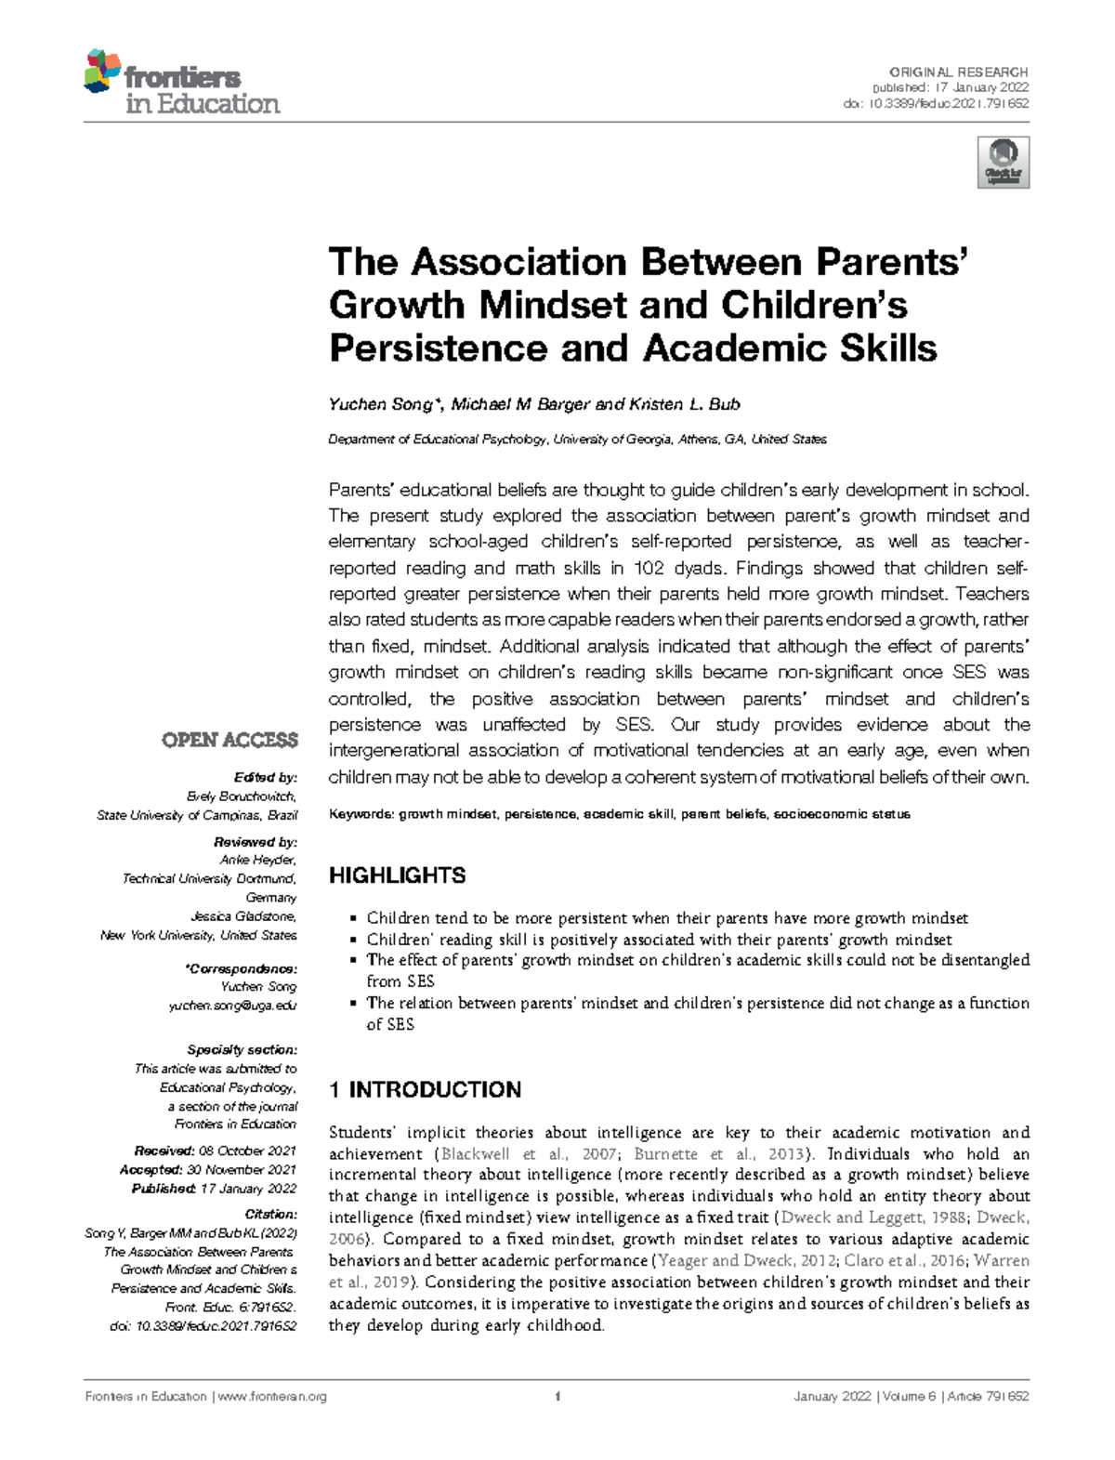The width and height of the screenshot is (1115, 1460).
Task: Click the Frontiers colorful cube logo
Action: coord(102,72)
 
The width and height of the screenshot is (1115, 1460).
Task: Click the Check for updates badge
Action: coord(1003,163)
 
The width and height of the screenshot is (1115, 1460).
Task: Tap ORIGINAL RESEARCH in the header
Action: coord(958,72)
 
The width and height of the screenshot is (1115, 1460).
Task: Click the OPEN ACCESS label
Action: coord(230,740)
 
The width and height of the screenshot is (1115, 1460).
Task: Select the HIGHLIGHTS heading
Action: coord(398,875)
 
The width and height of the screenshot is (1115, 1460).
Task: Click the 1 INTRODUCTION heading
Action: coord(425,1089)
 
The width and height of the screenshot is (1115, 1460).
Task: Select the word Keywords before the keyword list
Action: coord(361,814)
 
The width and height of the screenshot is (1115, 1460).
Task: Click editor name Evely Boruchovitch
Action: coord(242,796)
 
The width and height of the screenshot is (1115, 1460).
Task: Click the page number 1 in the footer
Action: coord(557,1396)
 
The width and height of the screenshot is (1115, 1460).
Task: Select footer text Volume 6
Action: coord(907,1396)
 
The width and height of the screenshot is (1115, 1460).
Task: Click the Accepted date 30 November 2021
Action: coord(241,1169)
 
